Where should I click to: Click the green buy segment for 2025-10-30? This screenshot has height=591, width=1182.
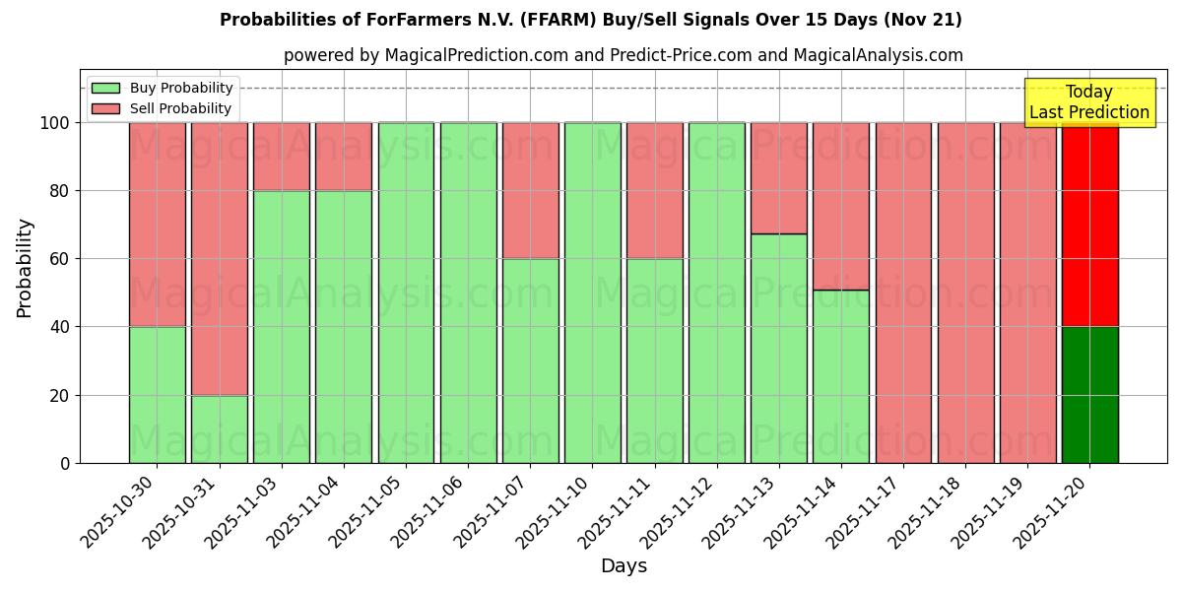(157, 394)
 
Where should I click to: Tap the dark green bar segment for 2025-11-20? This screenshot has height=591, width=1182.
(1089, 394)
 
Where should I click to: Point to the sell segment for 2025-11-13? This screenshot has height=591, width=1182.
(778, 178)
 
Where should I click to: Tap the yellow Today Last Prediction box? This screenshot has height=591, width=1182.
(1088, 102)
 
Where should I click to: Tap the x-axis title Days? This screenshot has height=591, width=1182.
(624, 566)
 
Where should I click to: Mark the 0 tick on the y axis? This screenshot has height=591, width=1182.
(64, 463)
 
